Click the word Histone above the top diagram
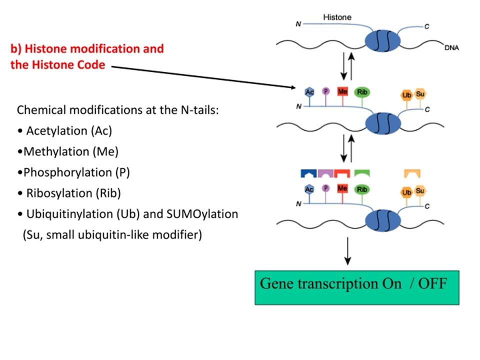pos(337,17)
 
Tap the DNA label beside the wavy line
pos(451,48)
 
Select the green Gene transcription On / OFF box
pos(357,287)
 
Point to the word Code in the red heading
pos(91,65)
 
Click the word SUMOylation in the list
pos(202,214)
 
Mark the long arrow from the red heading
pos(203,77)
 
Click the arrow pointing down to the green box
pos(347,250)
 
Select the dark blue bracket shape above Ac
pos(308,173)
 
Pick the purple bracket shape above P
pos(325,173)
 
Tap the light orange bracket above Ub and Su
pos(412,173)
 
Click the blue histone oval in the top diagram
pos(382,40)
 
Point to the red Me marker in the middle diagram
pos(342,91)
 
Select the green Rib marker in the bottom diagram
pos(362,189)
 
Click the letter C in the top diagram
pos(426,26)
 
